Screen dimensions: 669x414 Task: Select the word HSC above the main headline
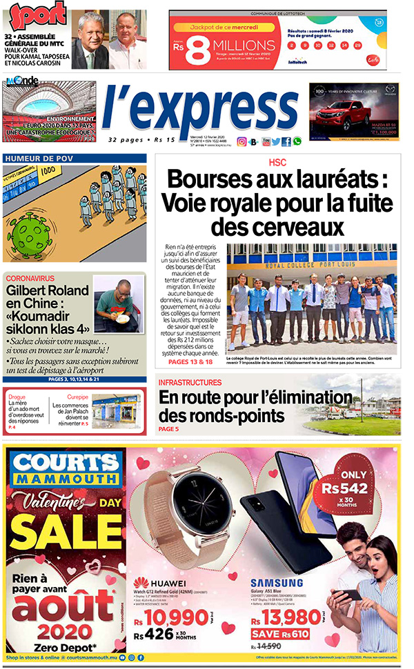tap(277, 163)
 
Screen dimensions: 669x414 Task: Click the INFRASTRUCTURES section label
tap(190, 382)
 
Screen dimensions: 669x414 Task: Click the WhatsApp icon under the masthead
tap(297, 141)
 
